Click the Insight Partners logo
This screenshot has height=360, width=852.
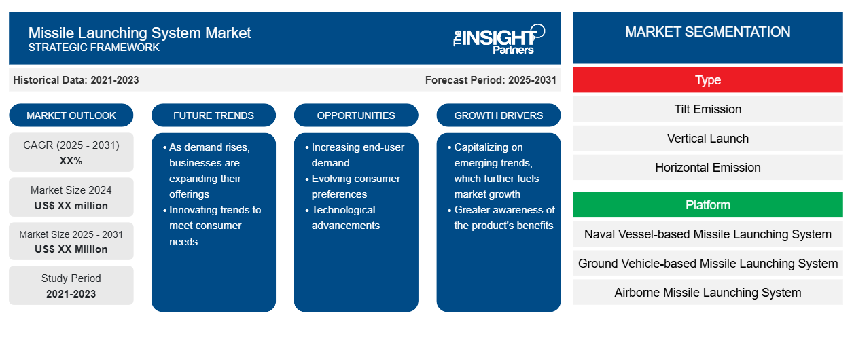pos(499,39)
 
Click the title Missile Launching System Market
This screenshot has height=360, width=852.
pos(139,33)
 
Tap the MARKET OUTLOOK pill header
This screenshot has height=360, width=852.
pos(71,115)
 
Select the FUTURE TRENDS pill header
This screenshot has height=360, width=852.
pos(213,115)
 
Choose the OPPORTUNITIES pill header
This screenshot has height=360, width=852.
pos(356,115)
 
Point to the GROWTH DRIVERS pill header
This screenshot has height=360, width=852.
pos(498,115)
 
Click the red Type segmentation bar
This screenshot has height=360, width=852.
pos(708,80)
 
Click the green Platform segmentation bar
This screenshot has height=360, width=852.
pos(708,205)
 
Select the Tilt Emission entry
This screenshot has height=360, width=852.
pos(708,109)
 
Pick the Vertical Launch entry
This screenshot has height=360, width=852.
pos(708,139)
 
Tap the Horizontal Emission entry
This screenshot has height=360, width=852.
pos(708,168)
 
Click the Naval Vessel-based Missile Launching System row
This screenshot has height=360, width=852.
pos(708,234)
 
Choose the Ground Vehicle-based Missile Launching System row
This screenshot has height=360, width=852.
pos(708,264)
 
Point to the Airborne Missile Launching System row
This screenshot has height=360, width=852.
pos(708,292)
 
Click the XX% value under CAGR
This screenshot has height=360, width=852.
pos(71,161)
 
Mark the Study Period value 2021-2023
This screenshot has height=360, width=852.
pos(71,294)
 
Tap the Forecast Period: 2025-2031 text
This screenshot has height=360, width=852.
pos(491,80)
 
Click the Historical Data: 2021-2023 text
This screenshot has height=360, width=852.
pos(76,80)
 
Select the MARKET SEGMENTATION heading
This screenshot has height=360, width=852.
pos(708,32)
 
